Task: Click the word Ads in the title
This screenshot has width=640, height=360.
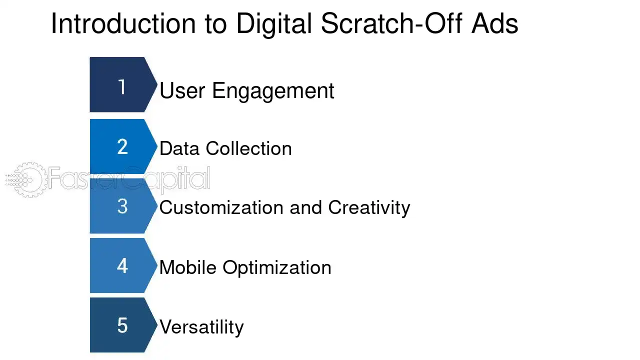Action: [x=494, y=23]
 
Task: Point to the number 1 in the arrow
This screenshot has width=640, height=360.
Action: [x=122, y=87]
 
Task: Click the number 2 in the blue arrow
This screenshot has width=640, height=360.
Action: [x=122, y=147]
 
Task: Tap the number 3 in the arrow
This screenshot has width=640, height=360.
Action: [x=122, y=206]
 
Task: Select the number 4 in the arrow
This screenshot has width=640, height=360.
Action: [x=122, y=266]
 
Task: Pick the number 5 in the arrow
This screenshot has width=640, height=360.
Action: [x=122, y=325]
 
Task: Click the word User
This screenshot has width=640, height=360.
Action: [x=182, y=91]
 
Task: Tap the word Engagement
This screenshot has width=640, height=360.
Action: [x=273, y=91]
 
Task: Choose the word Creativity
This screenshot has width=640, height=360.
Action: [x=369, y=207]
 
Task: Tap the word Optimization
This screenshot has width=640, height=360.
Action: [x=277, y=268]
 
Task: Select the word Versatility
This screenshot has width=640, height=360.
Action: [x=202, y=327]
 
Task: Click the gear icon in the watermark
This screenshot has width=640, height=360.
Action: [x=27, y=179]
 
